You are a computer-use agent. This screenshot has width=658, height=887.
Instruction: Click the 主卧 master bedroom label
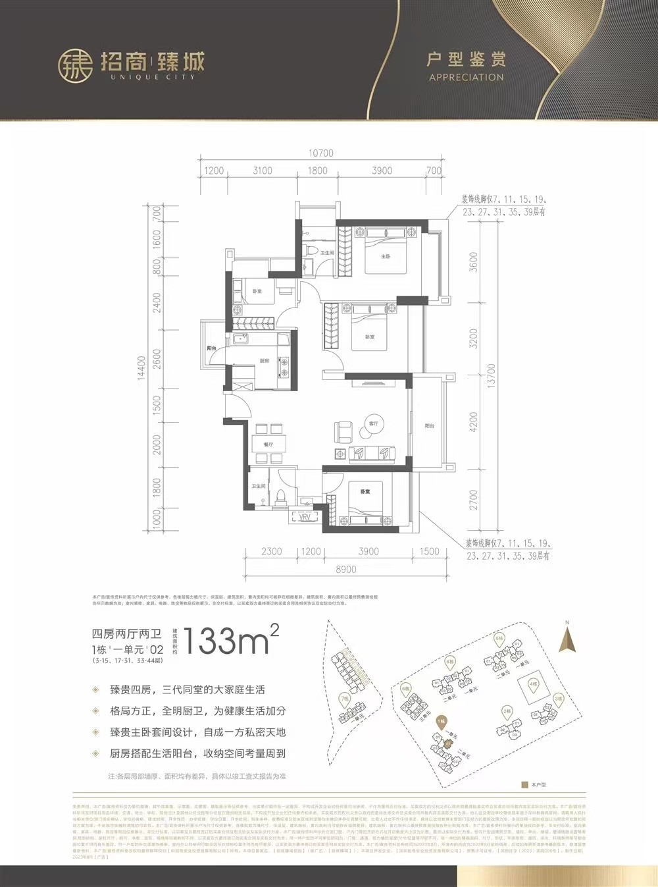click(x=386, y=256)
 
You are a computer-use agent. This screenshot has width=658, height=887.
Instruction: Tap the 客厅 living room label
click(x=373, y=423)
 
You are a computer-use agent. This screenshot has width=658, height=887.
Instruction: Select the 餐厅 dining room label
click(x=268, y=444)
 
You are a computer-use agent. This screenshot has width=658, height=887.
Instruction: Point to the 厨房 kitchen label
click(x=264, y=361)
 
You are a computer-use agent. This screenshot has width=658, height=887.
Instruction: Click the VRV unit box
click(x=305, y=518)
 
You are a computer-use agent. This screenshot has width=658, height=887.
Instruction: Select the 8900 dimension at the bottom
click(x=347, y=569)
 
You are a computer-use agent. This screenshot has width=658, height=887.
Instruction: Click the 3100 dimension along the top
click(x=262, y=171)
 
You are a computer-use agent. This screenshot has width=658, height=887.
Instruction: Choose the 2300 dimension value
click(x=271, y=552)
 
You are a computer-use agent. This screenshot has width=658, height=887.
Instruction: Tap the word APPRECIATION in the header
click(x=466, y=77)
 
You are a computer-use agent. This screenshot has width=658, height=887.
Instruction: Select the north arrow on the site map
click(x=567, y=638)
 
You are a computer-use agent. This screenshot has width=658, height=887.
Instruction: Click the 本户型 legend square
click(x=524, y=785)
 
